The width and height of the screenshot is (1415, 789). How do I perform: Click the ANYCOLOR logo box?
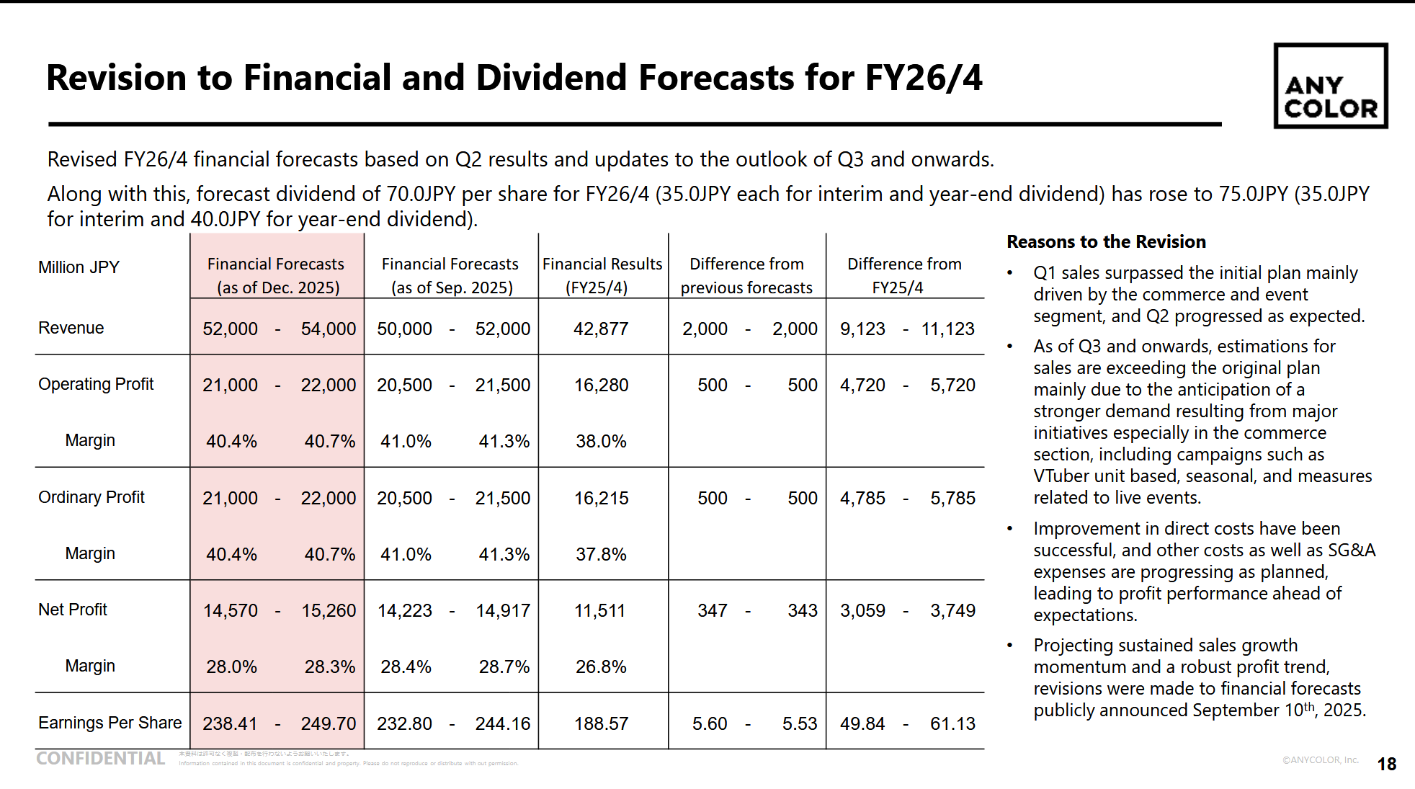[x=1330, y=86]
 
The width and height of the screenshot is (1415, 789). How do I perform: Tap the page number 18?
[x=1386, y=764]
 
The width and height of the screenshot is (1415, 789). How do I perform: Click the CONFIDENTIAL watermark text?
[x=100, y=759]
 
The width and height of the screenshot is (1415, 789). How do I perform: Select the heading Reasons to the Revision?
[x=1106, y=241]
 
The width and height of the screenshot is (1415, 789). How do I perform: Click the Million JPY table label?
[x=79, y=267]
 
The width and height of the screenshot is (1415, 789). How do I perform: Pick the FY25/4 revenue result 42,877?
[x=601, y=329]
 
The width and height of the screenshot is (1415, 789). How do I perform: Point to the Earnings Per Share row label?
[x=110, y=723]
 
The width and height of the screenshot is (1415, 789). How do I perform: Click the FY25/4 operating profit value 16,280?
[x=601, y=385]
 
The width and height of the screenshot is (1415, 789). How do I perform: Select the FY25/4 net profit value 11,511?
[x=599, y=610]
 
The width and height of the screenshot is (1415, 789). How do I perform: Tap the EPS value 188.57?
[x=601, y=723]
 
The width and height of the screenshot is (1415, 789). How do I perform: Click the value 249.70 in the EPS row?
[x=328, y=723]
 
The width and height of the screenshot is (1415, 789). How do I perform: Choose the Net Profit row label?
[x=73, y=610]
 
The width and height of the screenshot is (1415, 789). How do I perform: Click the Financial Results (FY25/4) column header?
[x=602, y=275]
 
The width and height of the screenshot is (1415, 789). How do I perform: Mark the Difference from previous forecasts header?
[x=746, y=275]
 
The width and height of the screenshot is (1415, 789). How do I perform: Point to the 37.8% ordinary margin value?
[x=601, y=554]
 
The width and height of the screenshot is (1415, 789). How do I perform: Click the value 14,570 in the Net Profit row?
[x=230, y=610]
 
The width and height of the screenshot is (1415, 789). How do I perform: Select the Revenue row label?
[x=71, y=328]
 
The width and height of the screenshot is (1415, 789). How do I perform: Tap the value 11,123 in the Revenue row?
[x=947, y=329]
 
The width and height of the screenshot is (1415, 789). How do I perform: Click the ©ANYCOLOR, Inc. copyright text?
[x=1320, y=759]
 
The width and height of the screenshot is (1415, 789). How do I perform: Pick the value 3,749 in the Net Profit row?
[x=952, y=610]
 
